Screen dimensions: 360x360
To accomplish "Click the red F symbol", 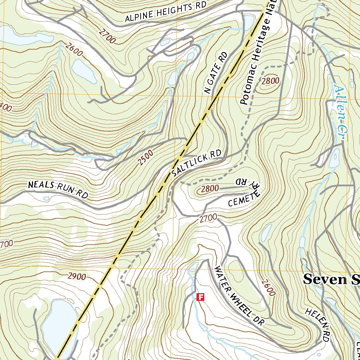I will click(200, 297).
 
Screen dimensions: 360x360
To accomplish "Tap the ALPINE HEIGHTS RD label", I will click(165, 13).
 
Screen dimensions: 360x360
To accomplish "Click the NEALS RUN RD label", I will click(58, 189).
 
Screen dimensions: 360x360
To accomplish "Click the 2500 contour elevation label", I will click(146, 157).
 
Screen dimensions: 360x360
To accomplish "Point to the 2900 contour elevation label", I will click(76, 277).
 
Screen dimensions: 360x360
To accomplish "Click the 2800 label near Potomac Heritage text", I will click(270, 81).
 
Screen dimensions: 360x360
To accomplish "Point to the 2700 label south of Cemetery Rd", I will click(208, 218).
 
